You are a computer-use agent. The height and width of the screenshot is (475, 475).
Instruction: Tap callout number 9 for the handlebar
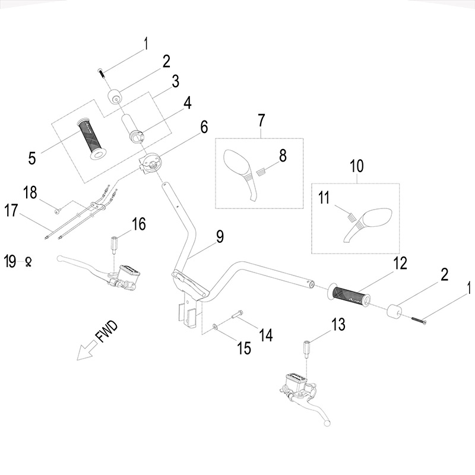pyautogui.click(x=220, y=237)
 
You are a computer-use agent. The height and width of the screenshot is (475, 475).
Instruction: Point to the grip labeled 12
pyautogui.click(x=351, y=294)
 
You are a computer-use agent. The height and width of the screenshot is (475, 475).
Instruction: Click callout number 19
pyautogui.click(x=9, y=261)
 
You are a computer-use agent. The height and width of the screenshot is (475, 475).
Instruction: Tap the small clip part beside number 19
pyautogui.click(x=27, y=261)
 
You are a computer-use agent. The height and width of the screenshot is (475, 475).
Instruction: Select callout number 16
pyautogui.click(x=138, y=224)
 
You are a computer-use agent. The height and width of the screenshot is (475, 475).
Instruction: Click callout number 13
pyautogui.click(x=338, y=324)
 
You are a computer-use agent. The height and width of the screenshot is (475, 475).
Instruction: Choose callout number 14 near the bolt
pyautogui.click(x=265, y=335)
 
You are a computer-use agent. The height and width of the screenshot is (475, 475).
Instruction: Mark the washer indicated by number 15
pyautogui.click(x=213, y=326)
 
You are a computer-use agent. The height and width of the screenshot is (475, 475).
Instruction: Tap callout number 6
pyautogui.click(x=203, y=126)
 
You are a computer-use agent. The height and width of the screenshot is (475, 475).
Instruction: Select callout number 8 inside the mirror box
pyautogui.click(x=282, y=156)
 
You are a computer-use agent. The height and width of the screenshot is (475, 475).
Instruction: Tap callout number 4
pyautogui.click(x=187, y=102)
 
